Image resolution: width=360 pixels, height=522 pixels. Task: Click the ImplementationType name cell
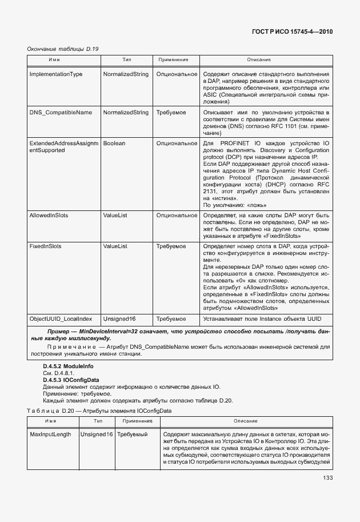click(x=56, y=74)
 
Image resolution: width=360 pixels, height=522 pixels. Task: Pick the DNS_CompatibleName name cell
click(x=61, y=113)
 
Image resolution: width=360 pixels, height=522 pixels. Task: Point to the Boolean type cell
click(x=114, y=143)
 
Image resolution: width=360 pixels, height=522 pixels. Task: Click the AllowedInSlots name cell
click(x=49, y=215)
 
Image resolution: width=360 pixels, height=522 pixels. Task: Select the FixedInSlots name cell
click(x=45, y=246)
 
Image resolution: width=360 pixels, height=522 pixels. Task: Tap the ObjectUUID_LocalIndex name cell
click(x=61, y=318)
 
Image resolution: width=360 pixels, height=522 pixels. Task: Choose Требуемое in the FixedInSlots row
click(x=171, y=246)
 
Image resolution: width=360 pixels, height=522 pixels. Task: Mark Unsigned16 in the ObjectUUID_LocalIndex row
click(x=119, y=318)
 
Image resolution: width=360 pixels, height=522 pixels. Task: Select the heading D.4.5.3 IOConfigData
click(x=71, y=379)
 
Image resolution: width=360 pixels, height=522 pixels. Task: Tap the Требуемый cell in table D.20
click(x=132, y=435)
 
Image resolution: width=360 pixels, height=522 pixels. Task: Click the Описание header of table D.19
click(x=258, y=60)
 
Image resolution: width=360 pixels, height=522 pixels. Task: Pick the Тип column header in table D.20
click(x=98, y=421)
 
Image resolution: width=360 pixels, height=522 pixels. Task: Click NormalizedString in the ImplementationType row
click(x=126, y=74)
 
